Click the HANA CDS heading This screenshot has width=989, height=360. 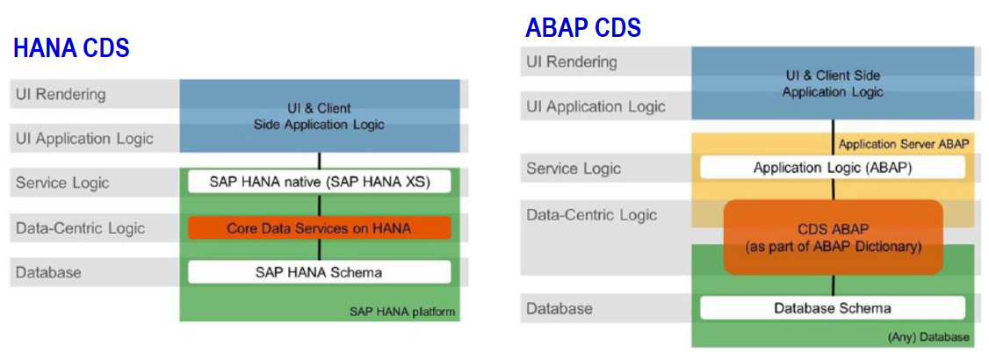71,48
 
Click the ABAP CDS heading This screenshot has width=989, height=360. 582,27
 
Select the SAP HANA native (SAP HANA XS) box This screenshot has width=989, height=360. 319,183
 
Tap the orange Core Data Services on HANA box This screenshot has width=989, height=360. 319,228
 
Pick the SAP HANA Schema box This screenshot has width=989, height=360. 319,272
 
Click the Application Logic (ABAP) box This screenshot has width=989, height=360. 832,168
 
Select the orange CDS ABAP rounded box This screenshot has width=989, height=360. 832,237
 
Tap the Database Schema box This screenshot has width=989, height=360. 832,308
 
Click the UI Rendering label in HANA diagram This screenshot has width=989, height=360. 61,95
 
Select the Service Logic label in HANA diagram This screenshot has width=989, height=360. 62,183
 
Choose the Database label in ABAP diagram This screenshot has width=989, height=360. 559,308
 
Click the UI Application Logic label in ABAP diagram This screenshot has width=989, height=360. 595,106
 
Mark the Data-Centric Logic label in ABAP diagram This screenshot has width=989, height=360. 591,214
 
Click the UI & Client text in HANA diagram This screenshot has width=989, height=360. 319,108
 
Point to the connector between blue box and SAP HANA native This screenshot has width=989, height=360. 319,161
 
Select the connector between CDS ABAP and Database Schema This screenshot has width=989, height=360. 832,285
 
